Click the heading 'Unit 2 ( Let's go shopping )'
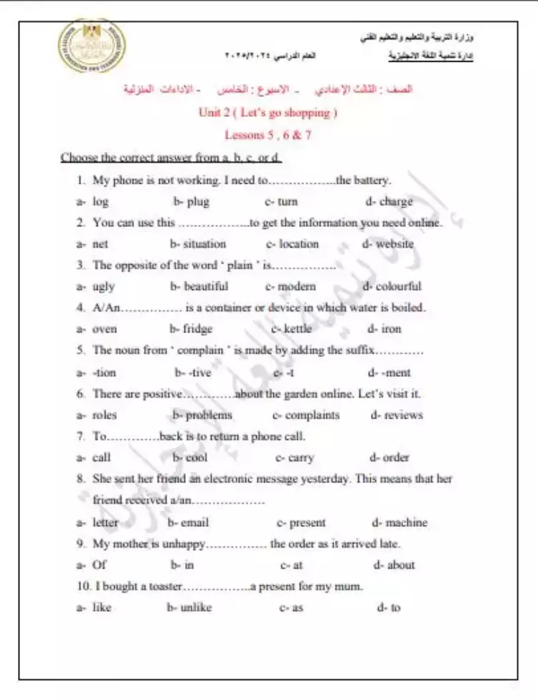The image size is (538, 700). (268, 113)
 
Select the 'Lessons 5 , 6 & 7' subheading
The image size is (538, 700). (268, 134)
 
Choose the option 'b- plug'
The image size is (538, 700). (191, 202)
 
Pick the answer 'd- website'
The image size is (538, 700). (388, 244)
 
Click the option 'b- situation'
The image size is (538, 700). (198, 244)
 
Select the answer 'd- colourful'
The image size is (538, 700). (392, 286)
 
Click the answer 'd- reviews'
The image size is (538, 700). (397, 415)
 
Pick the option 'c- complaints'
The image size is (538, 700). (306, 415)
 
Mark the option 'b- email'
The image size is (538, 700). (188, 523)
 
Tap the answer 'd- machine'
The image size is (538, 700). (400, 523)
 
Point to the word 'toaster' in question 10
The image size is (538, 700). (165, 587)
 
